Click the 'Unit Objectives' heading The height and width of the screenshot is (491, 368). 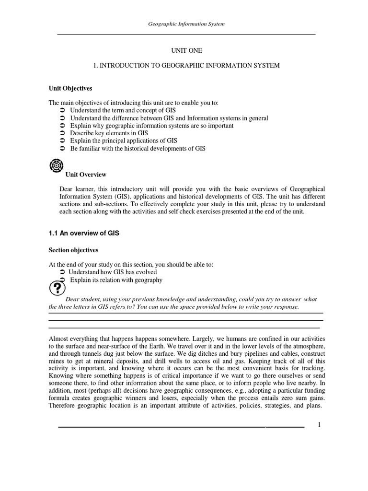70,88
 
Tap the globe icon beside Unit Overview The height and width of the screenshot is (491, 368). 56,166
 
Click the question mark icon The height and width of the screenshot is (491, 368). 56,289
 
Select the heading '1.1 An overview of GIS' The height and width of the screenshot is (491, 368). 83,233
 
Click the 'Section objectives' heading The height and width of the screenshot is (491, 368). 73,250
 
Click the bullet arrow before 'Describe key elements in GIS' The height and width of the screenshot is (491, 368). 62,133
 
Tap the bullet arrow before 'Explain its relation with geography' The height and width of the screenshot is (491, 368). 62,280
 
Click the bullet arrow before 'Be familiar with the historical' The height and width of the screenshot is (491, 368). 62,149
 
